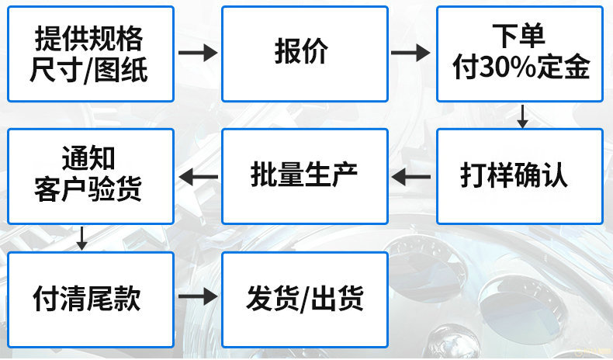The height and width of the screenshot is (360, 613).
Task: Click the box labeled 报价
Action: point(304,54)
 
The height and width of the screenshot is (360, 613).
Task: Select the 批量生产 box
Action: point(304,176)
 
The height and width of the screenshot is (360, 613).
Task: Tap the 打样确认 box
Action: point(519,176)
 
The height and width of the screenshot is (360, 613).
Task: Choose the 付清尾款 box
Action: point(90,299)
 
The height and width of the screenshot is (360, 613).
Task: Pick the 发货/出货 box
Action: point(304,299)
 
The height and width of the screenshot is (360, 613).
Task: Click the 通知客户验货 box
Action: point(90,176)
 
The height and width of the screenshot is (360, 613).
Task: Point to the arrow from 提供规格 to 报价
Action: point(198,54)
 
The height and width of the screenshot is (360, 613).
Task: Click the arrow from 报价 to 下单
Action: point(411,54)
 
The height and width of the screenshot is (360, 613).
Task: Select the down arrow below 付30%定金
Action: point(522,116)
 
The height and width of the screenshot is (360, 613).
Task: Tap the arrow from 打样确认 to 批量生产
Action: point(411,177)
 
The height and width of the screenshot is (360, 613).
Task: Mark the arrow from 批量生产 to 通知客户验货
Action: point(198,177)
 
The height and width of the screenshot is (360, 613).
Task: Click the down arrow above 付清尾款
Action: point(81,238)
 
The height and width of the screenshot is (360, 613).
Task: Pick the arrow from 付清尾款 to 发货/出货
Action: point(198,298)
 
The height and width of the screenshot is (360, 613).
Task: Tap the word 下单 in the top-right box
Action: point(519,36)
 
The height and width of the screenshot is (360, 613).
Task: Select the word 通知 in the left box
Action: point(90,159)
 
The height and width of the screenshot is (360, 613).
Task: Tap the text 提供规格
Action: point(90,38)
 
